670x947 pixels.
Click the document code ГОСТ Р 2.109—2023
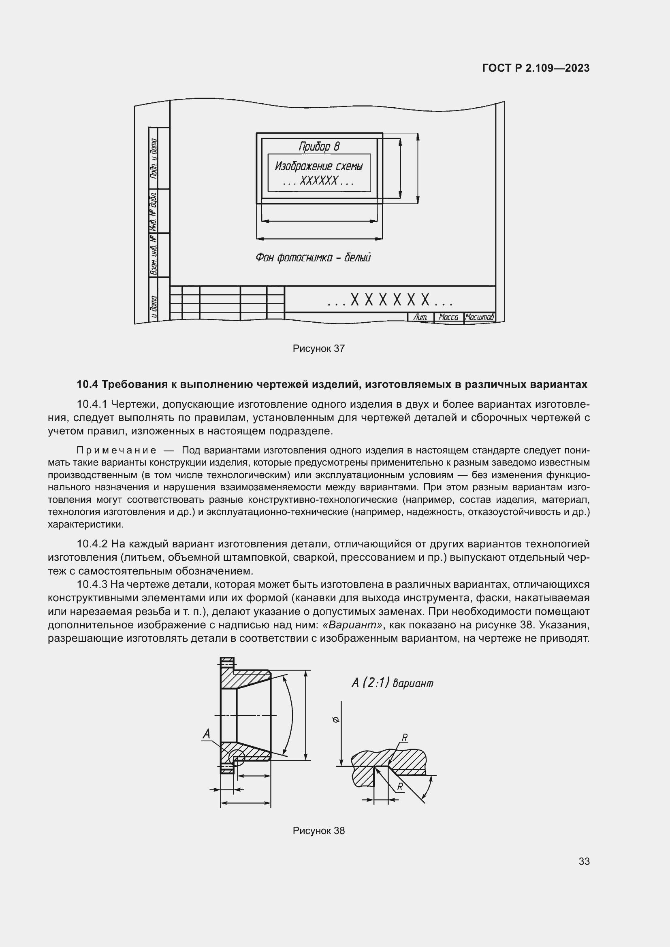536,68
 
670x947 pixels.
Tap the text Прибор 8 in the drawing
319,146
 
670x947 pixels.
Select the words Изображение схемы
319,166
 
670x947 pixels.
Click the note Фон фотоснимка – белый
313,258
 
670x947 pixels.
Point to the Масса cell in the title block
448,317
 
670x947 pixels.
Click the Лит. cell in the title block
421,317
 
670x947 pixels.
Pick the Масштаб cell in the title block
479,317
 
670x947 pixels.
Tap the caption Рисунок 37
318,349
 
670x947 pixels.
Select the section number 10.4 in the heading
87,384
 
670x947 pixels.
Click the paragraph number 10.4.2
92,544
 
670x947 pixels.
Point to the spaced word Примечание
116,450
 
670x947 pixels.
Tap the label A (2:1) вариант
392,683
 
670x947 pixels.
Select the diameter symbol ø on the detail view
335,720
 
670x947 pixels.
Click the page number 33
584,861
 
